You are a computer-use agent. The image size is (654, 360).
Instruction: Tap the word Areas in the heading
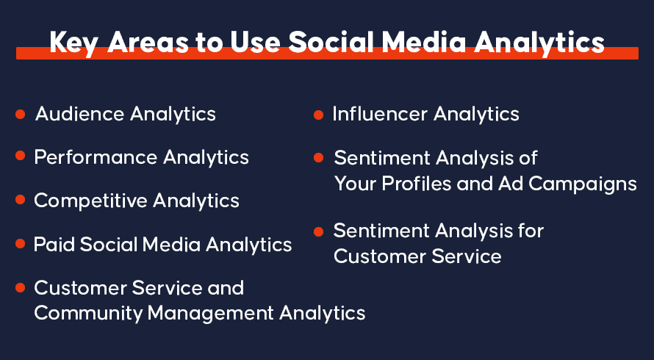(x=148, y=42)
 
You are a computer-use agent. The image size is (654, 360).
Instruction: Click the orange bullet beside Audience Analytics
(x=20, y=114)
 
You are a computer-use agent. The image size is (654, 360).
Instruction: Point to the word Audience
(x=79, y=114)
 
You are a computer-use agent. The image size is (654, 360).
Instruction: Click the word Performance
(x=96, y=157)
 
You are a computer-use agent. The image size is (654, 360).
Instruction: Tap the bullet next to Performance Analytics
(x=20, y=156)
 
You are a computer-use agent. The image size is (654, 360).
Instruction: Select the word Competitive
(x=90, y=201)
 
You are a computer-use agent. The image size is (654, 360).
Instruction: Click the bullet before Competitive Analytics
(x=20, y=199)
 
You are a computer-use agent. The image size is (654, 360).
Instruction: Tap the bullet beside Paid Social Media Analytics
(x=20, y=243)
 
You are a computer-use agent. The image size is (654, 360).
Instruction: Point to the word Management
(x=211, y=313)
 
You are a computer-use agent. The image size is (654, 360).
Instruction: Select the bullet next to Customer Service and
(x=20, y=287)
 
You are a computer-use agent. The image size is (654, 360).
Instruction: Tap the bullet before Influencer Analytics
(x=318, y=115)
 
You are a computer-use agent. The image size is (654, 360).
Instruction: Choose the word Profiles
(x=416, y=184)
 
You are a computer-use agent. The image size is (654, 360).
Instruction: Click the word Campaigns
(x=583, y=184)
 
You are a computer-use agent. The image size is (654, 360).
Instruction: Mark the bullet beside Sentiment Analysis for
(x=318, y=231)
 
